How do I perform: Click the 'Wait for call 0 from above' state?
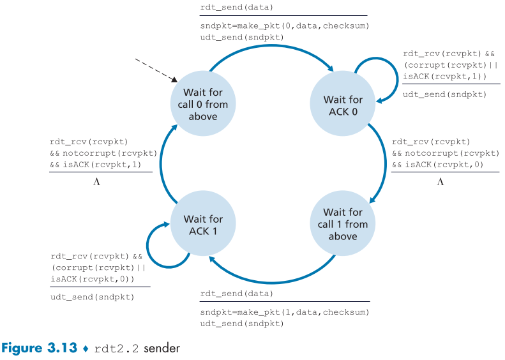202,105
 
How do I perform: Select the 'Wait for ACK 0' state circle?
343,105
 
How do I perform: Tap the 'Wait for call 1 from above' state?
343,224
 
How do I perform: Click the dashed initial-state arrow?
156,70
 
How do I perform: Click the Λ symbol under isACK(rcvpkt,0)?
440,182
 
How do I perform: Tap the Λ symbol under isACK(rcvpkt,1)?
97,182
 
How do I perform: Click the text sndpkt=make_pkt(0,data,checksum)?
285,26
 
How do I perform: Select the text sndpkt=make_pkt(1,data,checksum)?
285,311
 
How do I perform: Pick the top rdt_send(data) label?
236,8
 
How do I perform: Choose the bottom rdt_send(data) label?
236,294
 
